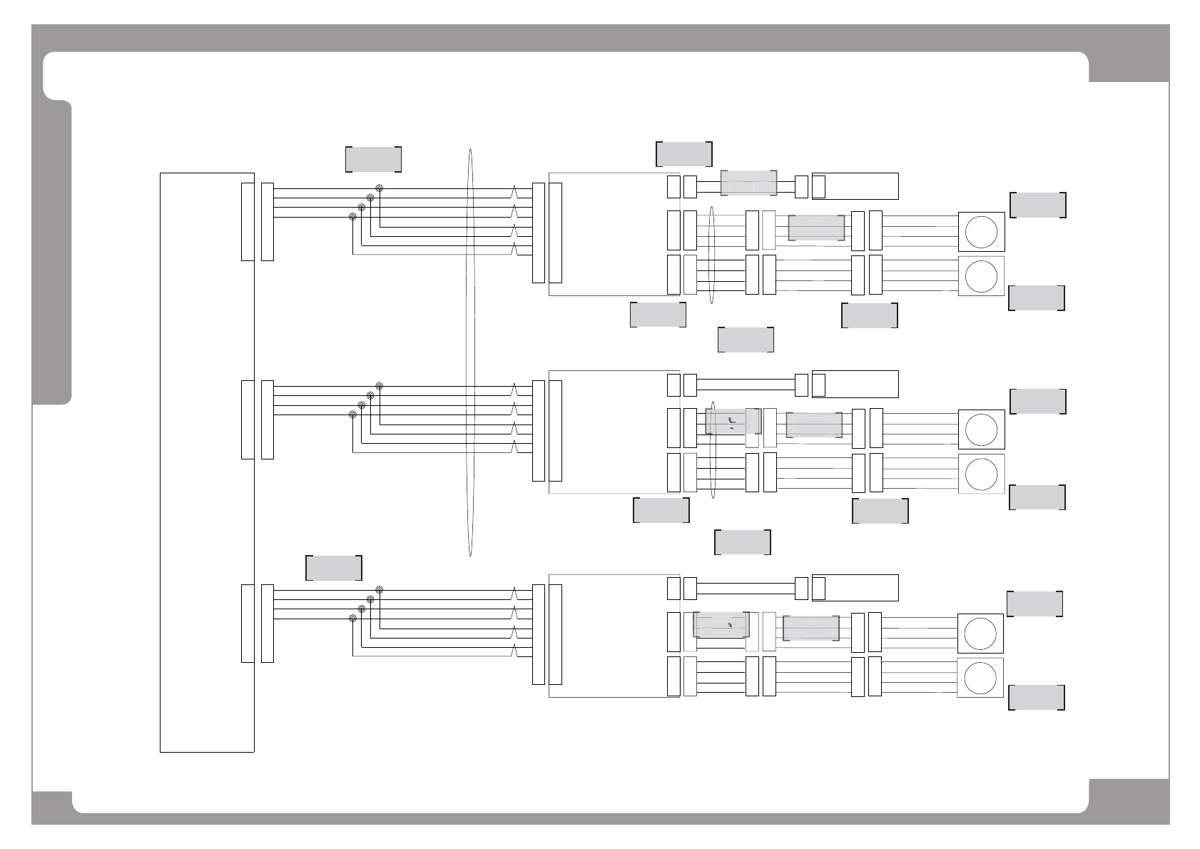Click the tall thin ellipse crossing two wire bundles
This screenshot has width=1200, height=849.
click(x=470, y=352)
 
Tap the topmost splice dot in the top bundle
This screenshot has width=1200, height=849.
click(x=380, y=189)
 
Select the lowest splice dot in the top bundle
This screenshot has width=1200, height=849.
click(x=352, y=216)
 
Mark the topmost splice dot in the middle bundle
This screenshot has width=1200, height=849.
click(x=380, y=386)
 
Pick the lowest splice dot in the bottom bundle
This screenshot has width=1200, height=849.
click(x=352, y=618)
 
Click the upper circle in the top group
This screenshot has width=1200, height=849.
click(x=981, y=232)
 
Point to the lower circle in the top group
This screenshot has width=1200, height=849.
click(x=981, y=275)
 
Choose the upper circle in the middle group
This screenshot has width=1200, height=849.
click(x=981, y=429)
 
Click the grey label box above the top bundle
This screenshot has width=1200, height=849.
click(x=373, y=159)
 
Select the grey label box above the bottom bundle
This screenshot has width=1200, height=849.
click(x=334, y=568)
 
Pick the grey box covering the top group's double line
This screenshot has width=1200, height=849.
click(x=748, y=183)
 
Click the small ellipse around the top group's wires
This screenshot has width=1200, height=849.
click(x=712, y=255)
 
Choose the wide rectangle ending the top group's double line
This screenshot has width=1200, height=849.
click(x=855, y=186)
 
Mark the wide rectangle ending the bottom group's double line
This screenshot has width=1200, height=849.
click(x=855, y=588)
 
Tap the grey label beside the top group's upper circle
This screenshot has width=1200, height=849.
click(x=1038, y=205)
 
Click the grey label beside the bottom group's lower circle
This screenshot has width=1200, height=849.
click(x=1037, y=698)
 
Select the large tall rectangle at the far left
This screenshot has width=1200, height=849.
click(x=207, y=462)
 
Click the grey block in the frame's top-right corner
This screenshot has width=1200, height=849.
click(x=1129, y=54)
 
